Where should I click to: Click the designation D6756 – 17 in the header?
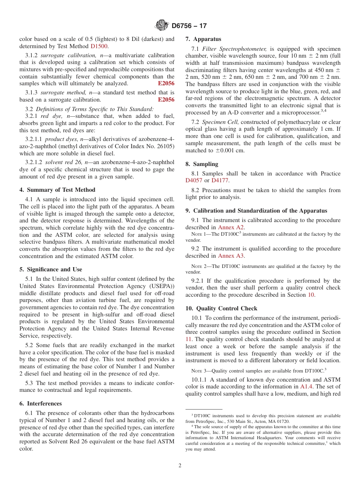189,26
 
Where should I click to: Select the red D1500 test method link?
99,46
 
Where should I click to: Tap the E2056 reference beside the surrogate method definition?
166,100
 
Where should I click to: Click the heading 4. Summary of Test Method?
57,190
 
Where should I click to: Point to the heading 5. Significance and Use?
50,269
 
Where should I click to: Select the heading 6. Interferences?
41,404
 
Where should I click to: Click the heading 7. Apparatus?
203,39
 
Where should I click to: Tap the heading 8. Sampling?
202,164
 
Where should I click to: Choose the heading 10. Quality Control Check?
221,308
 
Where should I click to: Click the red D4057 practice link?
194,180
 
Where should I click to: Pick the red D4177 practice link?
220,180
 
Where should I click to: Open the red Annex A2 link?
231,227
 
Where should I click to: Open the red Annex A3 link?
231,256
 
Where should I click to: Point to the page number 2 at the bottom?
180,466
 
